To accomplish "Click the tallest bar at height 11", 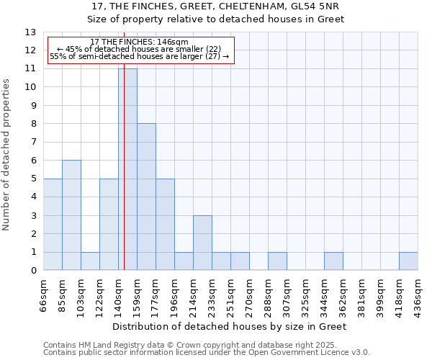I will click(x=127, y=169).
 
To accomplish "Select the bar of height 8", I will click(x=146, y=197).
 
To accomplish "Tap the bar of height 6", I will click(x=71, y=215).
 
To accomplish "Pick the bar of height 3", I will click(x=202, y=243).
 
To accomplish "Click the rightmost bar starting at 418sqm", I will click(x=408, y=261).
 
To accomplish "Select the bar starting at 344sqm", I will click(x=333, y=261).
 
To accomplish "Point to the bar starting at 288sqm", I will click(x=277, y=261).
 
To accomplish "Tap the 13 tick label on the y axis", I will click(x=30, y=32).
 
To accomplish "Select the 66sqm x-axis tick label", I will click(x=44, y=294).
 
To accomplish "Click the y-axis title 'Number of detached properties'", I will click(x=6, y=156).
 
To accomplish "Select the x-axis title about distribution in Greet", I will click(x=230, y=326).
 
